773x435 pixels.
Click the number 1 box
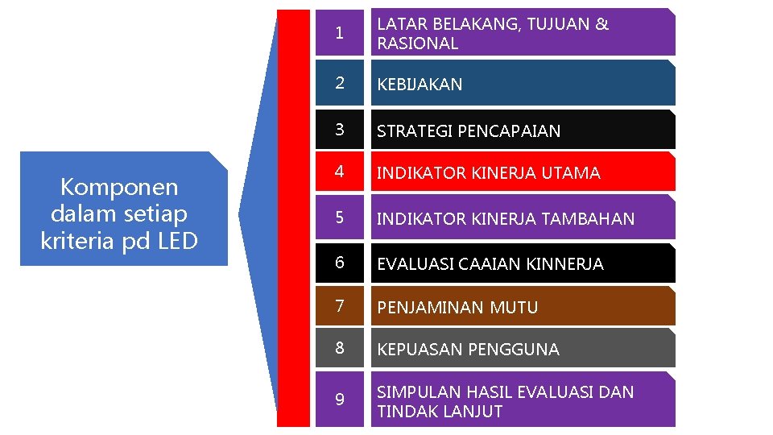pyautogui.click(x=340, y=33)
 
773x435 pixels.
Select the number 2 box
pyautogui.click(x=340, y=83)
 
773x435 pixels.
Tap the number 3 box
pyautogui.click(x=340, y=130)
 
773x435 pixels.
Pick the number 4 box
pyautogui.click(x=340, y=172)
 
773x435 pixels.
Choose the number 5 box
pyautogui.click(x=340, y=218)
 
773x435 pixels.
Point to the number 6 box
pyautogui.click(x=340, y=263)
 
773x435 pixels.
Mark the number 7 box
pyautogui.click(x=340, y=307)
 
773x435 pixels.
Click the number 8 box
pyautogui.click(x=340, y=349)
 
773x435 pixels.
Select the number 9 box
pyautogui.click(x=340, y=400)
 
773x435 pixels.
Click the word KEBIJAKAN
pyautogui.click(x=420, y=84)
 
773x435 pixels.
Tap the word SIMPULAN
pyautogui.click(x=414, y=392)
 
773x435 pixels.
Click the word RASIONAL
pyautogui.click(x=417, y=43)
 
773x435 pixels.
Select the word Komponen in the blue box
pyautogui.click(x=119, y=188)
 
